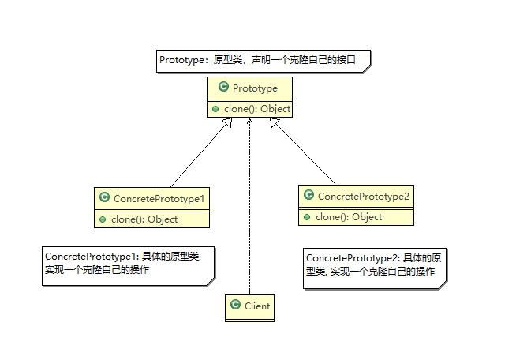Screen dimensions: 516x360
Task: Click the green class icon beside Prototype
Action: [223, 87]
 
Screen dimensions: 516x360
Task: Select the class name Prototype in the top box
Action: [255, 88]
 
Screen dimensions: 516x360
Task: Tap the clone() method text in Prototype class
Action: [257, 109]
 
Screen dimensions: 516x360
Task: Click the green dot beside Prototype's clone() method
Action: [215, 109]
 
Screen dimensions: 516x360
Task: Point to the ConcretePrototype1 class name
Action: [159, 199]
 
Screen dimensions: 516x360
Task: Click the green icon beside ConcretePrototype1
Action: [104, 197]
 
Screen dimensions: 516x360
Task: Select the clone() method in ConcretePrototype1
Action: [144, 219]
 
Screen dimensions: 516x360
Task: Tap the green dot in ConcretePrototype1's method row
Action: [103, 219]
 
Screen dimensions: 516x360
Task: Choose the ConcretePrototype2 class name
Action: [363, 197]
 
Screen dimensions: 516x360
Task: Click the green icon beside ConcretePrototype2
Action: [308, 195]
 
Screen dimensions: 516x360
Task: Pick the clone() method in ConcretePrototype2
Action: [349, 217]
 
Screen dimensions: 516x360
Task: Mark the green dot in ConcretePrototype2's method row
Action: [307, 217]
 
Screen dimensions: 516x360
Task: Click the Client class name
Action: [257, 306]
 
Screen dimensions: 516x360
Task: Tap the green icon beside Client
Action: [235, 304]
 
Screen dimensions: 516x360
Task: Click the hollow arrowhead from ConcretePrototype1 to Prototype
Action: [228, 122]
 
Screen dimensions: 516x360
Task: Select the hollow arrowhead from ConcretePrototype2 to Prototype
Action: [274, 122]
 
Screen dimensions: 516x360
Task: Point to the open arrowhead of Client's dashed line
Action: [250, 121]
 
